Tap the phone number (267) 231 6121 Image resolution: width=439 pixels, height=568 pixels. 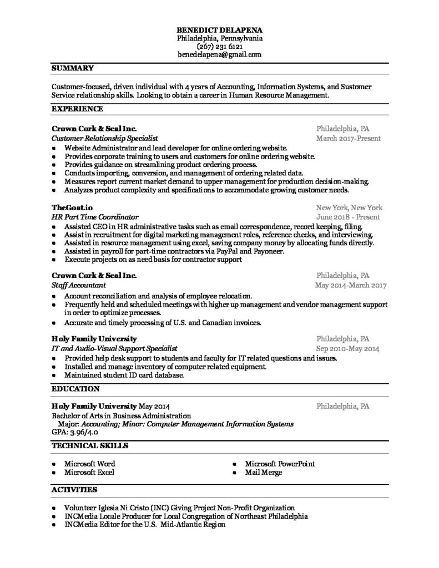point(219,47)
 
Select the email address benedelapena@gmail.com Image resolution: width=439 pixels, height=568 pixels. point(219,55)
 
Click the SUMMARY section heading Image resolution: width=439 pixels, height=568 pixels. point(72,68)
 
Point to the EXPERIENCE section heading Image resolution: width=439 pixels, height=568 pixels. point(77,109)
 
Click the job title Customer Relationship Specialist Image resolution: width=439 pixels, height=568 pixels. point(105,138)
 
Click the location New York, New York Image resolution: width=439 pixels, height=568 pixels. point(349,207)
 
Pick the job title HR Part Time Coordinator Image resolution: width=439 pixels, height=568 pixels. point(95,216)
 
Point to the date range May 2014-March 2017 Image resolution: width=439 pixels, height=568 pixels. point(350,285)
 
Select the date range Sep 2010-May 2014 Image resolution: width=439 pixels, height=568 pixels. point(348,349)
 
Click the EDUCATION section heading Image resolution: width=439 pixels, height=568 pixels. point(75,389)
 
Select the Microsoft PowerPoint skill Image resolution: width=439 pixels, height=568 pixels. point(280,463)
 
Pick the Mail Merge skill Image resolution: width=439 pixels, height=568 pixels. point(264,472)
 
